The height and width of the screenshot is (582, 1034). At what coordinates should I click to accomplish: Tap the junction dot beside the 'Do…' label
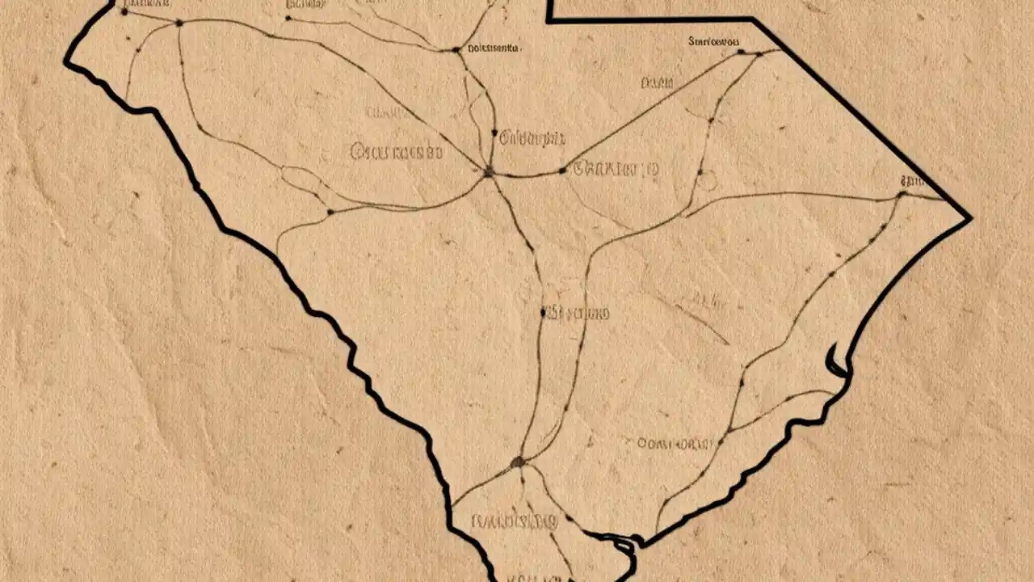(x=456, y=50)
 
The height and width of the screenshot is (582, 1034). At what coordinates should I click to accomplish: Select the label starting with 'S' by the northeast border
(x=714, y=40)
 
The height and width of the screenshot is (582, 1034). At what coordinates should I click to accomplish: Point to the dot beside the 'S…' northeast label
(x=740, y=52)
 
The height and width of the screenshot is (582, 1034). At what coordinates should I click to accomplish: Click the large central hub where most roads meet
(x=488, y=171)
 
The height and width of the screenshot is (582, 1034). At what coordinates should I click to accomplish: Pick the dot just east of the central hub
(x=562, y=171)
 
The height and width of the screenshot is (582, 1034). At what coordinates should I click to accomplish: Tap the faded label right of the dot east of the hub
(x=615, y=169)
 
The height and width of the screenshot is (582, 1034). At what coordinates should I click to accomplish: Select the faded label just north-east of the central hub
(x=532, y=138)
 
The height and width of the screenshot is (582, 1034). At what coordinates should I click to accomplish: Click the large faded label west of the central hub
(x=396, y=150)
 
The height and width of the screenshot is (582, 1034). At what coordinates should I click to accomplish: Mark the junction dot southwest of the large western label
(x=330, y=212)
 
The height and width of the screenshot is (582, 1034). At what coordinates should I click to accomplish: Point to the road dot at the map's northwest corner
(x=124, y=11)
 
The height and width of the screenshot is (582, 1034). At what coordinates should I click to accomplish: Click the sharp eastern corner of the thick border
(x=969, y=217)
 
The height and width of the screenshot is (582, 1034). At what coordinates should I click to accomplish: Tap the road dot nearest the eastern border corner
(x=902, y=194)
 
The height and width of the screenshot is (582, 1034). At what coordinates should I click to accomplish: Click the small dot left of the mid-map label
(x=544, y=311)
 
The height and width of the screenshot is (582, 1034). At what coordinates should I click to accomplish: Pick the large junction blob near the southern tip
(x=518, y=462)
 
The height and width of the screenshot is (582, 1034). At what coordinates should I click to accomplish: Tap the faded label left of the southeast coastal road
(x=675, y=443)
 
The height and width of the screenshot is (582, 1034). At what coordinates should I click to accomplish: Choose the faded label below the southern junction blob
(x=514, y=521)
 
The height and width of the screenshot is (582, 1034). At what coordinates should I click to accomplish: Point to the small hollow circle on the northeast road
(x=707, y=181)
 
